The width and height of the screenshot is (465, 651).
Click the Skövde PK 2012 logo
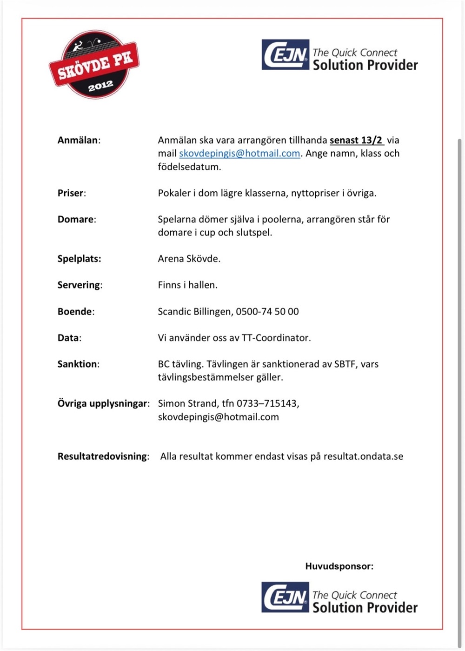pyautogui.click(x=94, y=65)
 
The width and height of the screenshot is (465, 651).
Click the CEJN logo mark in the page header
pyautogui.click(x=285, y=55)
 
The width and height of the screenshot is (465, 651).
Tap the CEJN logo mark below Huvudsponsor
pyautogui.click(x=285, y=597)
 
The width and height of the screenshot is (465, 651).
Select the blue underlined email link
pyautogui.click(x=239, y=154)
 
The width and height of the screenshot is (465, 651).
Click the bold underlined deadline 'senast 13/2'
pyautogui.click(x=356, y=140)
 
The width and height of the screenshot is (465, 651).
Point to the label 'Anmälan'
pyautogui.click(x=78, y=140)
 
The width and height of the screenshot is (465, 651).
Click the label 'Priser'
pyautogui.click(x=71, y=193)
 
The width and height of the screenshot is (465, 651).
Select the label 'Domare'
pyautogui.click(x=76, y=219)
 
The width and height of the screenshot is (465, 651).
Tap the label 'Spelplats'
pyautogui.click(x=79, y=259)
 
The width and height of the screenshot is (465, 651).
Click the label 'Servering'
pyautogui.click(x=79, y=285)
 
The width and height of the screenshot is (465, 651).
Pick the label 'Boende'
pyautogui.click(x=75, y=311)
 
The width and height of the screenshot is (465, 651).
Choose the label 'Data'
pyautogui.click(x=68, y=338)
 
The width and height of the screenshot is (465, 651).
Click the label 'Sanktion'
pyautogui.click(x=77, y=364)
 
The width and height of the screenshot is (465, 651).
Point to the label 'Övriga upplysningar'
pyautogui.click(x=102, y=403)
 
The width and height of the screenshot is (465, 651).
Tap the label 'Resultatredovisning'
pyautogui.click(x=102, y=456)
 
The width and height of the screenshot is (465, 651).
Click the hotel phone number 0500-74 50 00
pyautogui.click(x=267, y=311)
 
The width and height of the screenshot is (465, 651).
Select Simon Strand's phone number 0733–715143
pyautogui.click(x=267, y=403)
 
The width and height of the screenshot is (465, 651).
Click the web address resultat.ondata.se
pyautogui.click(x=363, y=456)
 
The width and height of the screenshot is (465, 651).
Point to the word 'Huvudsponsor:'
pyautogui.click(x=339, y=566)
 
